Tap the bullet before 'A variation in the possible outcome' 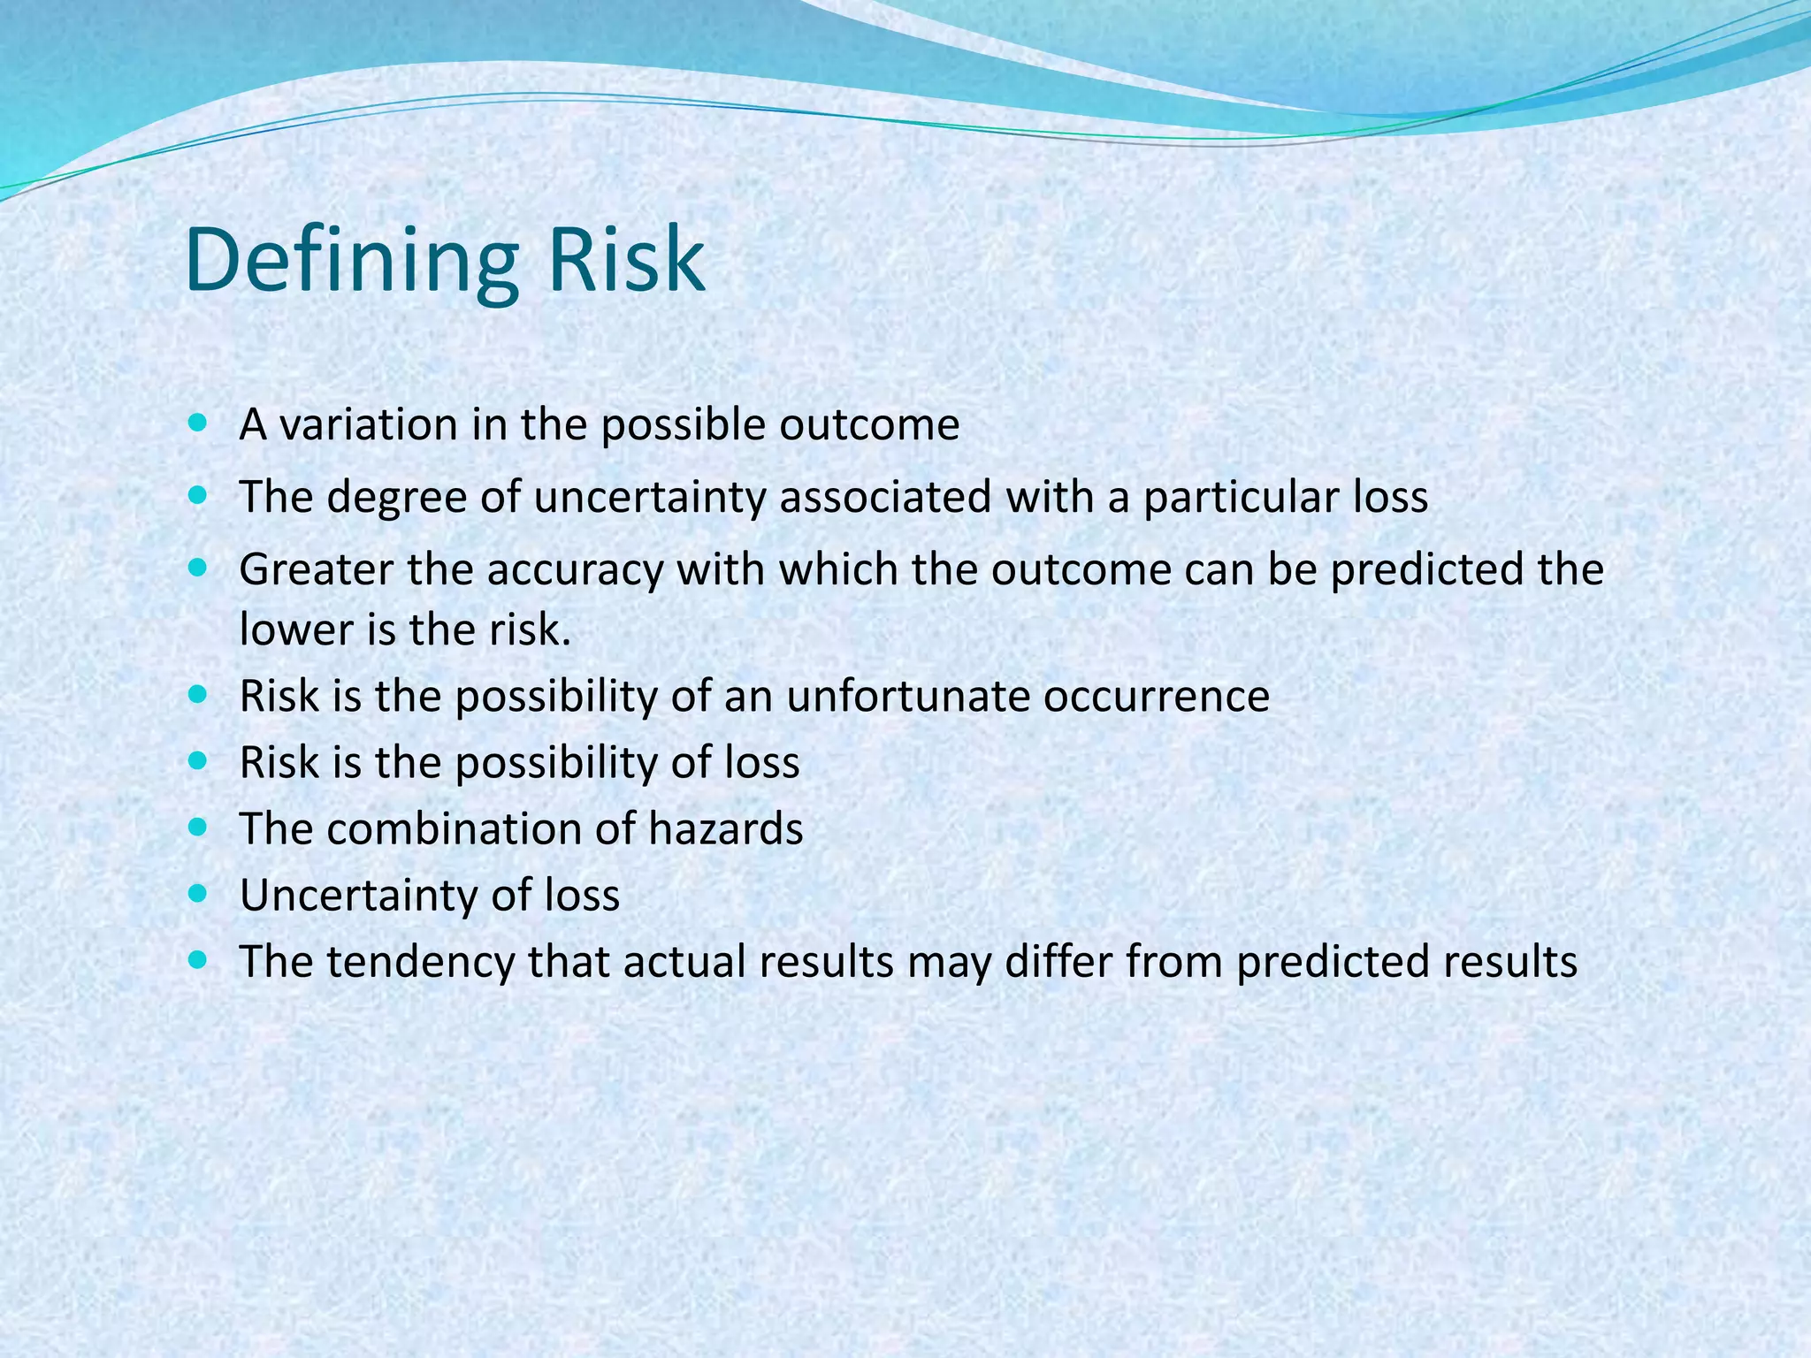198,423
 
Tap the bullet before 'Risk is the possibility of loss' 198,760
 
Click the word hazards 726,829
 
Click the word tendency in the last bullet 421,963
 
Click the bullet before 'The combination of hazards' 198,828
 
